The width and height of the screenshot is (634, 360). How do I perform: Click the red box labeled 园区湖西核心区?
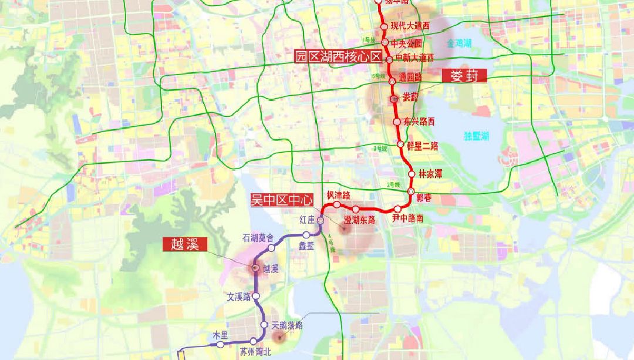coord(338,57)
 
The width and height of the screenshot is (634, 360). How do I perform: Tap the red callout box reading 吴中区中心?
coord(282,200)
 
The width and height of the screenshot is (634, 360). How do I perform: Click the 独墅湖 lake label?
coord(476,136)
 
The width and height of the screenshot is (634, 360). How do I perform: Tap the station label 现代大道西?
coord(410,26)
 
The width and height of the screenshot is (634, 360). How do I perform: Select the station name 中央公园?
coord(406,43)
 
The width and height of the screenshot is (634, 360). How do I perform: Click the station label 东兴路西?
coord(420,122)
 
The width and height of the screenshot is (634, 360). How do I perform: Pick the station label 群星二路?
coord(423,146)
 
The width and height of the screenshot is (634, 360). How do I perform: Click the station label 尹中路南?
coord(408,218)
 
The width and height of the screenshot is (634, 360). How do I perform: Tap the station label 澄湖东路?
coord(359,220)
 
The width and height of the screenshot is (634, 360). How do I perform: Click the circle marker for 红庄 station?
coord(321,220)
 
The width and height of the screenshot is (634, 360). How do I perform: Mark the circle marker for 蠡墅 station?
coord(306,235)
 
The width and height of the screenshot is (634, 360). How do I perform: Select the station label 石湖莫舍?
coord(258,238)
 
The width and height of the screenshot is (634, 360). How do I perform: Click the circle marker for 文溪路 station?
coord(256,297)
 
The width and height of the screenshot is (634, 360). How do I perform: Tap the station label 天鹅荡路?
coord(288,325)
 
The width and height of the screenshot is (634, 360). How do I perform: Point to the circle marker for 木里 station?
coord(220,345)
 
